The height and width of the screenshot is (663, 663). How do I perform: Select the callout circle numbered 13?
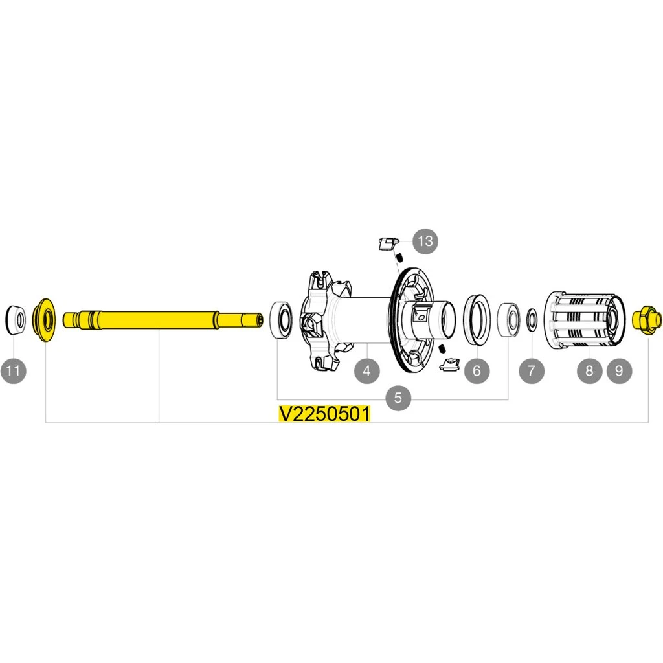425,242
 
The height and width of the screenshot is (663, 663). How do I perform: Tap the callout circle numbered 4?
366,371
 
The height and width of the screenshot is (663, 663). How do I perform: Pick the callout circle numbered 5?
398,398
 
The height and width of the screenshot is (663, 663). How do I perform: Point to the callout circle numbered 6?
477,371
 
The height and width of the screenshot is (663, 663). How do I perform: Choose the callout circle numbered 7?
532,371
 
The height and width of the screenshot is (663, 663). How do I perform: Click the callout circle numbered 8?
589,371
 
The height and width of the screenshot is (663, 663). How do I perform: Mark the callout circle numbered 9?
619,371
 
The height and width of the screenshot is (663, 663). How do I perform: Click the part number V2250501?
324,414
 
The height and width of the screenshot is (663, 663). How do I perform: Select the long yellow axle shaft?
162,320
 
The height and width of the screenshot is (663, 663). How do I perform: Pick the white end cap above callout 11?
15,319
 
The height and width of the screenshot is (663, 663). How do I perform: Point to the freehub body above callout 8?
583,320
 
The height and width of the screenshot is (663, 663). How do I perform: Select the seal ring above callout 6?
478,317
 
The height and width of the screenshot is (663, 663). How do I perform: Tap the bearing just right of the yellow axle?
281,318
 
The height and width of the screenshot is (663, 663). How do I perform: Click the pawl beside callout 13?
386,244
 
